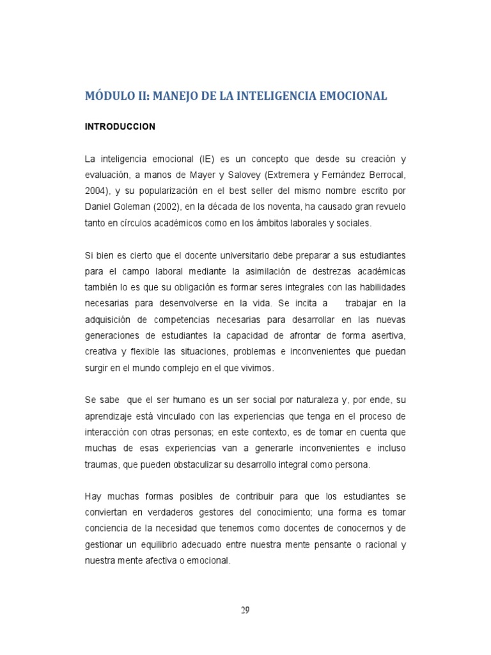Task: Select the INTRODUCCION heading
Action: pos(120,127)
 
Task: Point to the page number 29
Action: pos(245,610)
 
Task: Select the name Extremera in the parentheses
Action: pos(279,175)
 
